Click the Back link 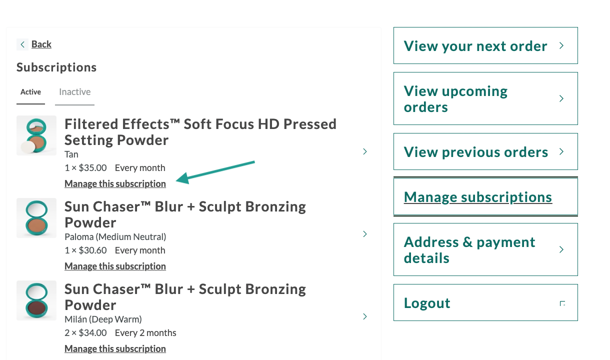(x=41, y=44)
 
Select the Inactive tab (x=74, y=92)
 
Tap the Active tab (x=31, y=92)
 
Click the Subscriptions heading (x=56, y=67)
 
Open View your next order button (x=485, y=45)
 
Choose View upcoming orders (x=485, y=98)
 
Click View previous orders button (x=485, y=151)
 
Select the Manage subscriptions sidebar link (x=478, y=197)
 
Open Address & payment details (x=485, y=249)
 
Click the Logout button (x=485, y=302)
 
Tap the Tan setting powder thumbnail (x=36, y=135)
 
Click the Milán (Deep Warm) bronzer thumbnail (x=36, y=300)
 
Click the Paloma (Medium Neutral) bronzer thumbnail (x=36, y=218)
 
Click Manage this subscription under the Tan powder (x=115, y=184)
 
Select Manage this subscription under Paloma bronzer (x=115, y=266)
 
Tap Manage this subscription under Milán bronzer (x=115, y=349)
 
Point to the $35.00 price (x=92, y=167)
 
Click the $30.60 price (x=92, y=250)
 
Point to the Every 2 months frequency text (x=145, y=333)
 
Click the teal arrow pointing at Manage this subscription (x=215, y=172)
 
